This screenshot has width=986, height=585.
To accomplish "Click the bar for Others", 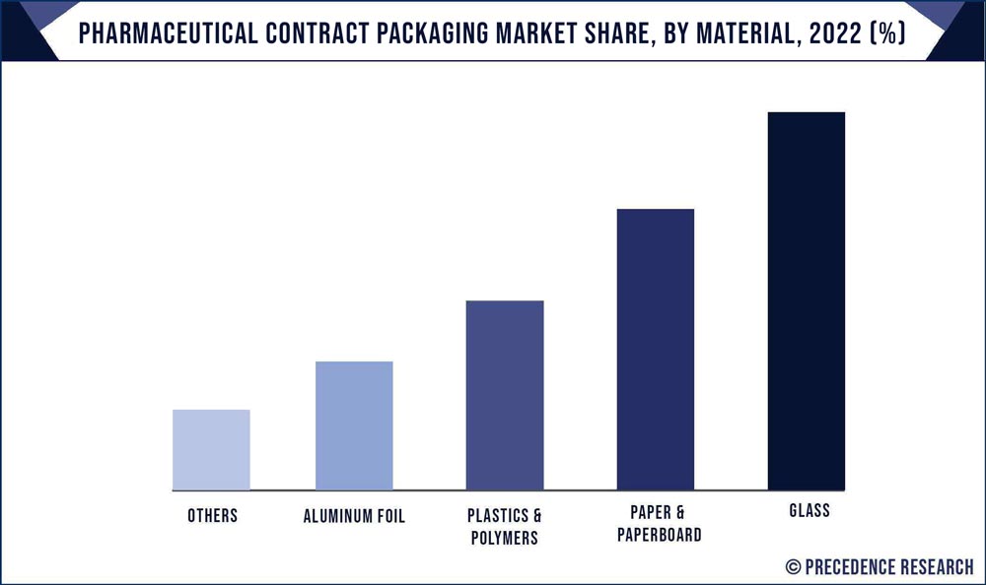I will pos(211,450).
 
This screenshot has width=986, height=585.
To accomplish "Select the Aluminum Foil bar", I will pos(354,425).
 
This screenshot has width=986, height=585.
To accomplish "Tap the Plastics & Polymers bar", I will pos(505,395).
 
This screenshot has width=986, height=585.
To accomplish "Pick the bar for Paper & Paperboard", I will pos(656,350).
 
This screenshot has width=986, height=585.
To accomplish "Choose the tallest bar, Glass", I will pos(807,301).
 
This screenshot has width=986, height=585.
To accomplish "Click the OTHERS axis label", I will pos(212,516).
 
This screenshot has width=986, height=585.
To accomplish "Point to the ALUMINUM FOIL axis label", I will pos(354,516).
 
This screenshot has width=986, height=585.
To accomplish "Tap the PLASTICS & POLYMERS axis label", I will pos(505,527).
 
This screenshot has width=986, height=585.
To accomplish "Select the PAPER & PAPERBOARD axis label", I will pos(655,524).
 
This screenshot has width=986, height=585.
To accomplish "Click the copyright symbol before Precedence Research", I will pos(793,566).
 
